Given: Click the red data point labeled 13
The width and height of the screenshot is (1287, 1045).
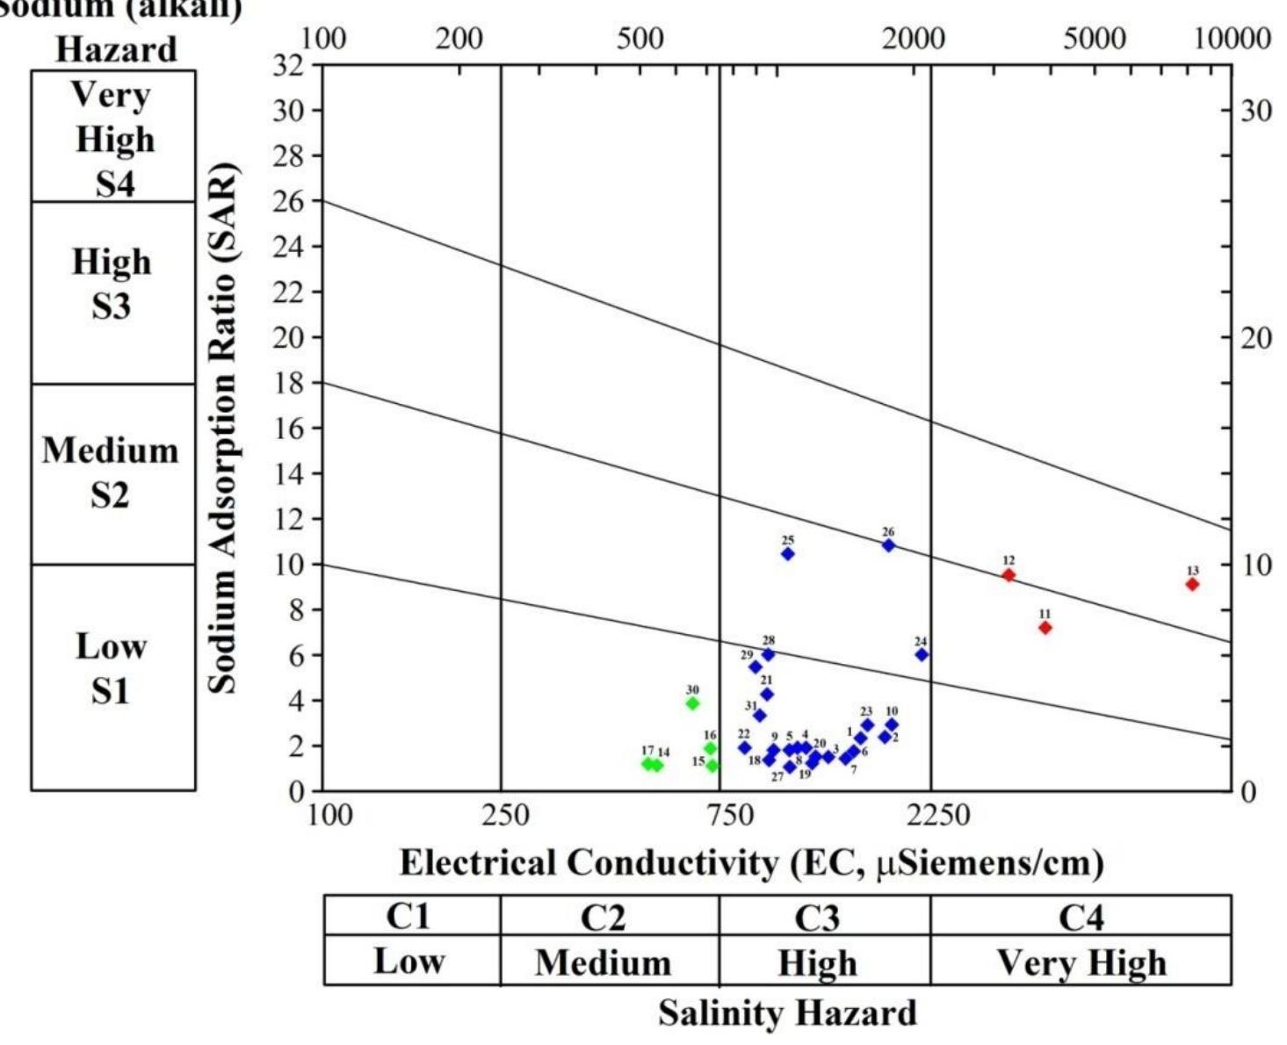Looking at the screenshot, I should [x=1192, y=584].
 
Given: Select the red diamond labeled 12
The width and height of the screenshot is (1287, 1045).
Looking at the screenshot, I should [x=1009, y=575].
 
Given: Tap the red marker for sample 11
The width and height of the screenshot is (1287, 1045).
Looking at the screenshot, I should [x=1045, y=627].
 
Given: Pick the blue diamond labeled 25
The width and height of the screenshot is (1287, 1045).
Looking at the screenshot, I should [x=788, y=554].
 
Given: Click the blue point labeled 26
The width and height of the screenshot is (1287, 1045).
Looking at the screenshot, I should [x=888, y=545].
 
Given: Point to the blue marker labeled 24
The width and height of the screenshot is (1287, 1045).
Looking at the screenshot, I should [x=922, y=654].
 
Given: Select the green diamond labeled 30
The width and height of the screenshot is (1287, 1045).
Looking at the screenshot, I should [x=692, y=703].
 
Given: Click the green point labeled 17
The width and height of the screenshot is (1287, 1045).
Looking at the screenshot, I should [x=647, y=764].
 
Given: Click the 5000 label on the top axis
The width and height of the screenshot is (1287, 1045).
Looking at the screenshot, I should [x=1094, y=39].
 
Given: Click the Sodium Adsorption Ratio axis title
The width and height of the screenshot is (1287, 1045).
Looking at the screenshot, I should [x=223, y=428].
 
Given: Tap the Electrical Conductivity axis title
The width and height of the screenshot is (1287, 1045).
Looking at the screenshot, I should [x=751, y=863].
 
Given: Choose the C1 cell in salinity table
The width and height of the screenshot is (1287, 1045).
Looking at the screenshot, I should [x=409, y=916].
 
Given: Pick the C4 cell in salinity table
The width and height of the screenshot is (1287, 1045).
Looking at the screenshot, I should [x=1080, y=916].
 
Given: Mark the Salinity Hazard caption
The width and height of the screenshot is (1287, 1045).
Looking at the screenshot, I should [x=787, y=1013].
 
